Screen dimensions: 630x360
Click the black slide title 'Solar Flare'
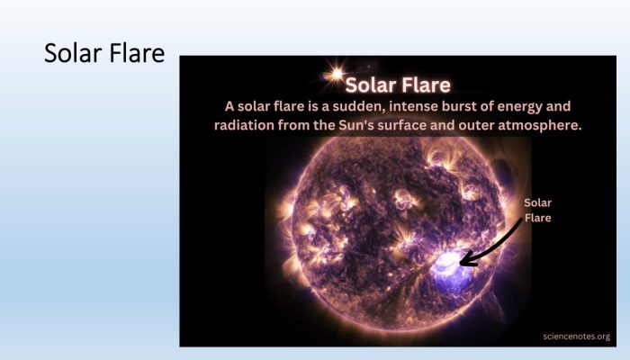click(104, 53)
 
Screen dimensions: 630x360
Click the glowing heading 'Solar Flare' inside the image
click(398, 85)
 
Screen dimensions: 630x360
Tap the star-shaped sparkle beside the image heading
click(337, 74)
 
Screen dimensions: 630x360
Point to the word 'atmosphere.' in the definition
click(540, 125)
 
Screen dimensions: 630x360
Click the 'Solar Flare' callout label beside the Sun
click(537, 210)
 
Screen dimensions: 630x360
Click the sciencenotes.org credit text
click(576, 337)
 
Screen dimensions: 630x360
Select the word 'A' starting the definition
click(229, 106)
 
